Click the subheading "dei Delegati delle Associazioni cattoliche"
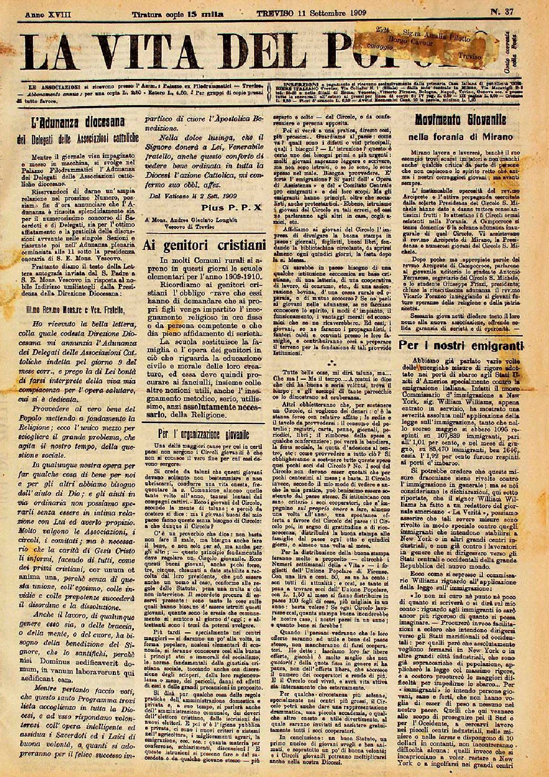tap(77, 139)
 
